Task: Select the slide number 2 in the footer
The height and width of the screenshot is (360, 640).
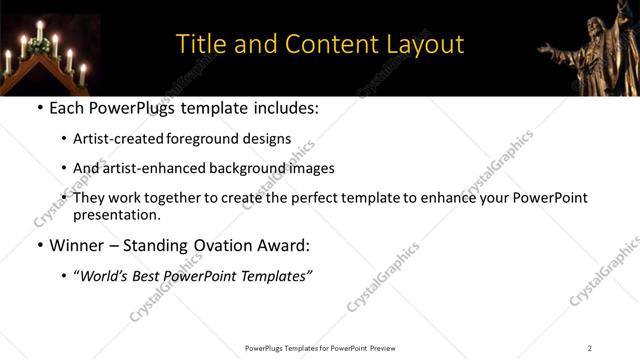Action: (x=589, y=348)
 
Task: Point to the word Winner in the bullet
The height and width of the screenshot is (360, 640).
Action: (x=77, y=244)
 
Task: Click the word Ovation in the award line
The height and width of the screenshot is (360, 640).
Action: (x=204, y=244)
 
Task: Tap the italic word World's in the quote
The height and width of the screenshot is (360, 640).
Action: (x=108, y=274)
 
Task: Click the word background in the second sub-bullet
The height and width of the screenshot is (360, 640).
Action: (x=244, y=169)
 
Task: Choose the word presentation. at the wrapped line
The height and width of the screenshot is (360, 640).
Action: (x=116, y=215)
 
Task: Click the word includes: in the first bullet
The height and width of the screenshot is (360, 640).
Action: (x=285, y=107)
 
